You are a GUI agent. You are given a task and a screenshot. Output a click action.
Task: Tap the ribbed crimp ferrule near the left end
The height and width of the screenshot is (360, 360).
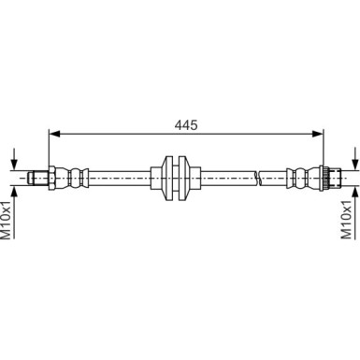pyautogui.click(x=78, y=176)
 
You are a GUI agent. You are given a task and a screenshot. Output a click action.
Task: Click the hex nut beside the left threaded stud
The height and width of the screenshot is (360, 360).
pyautogui.click(x=55, y=176)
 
